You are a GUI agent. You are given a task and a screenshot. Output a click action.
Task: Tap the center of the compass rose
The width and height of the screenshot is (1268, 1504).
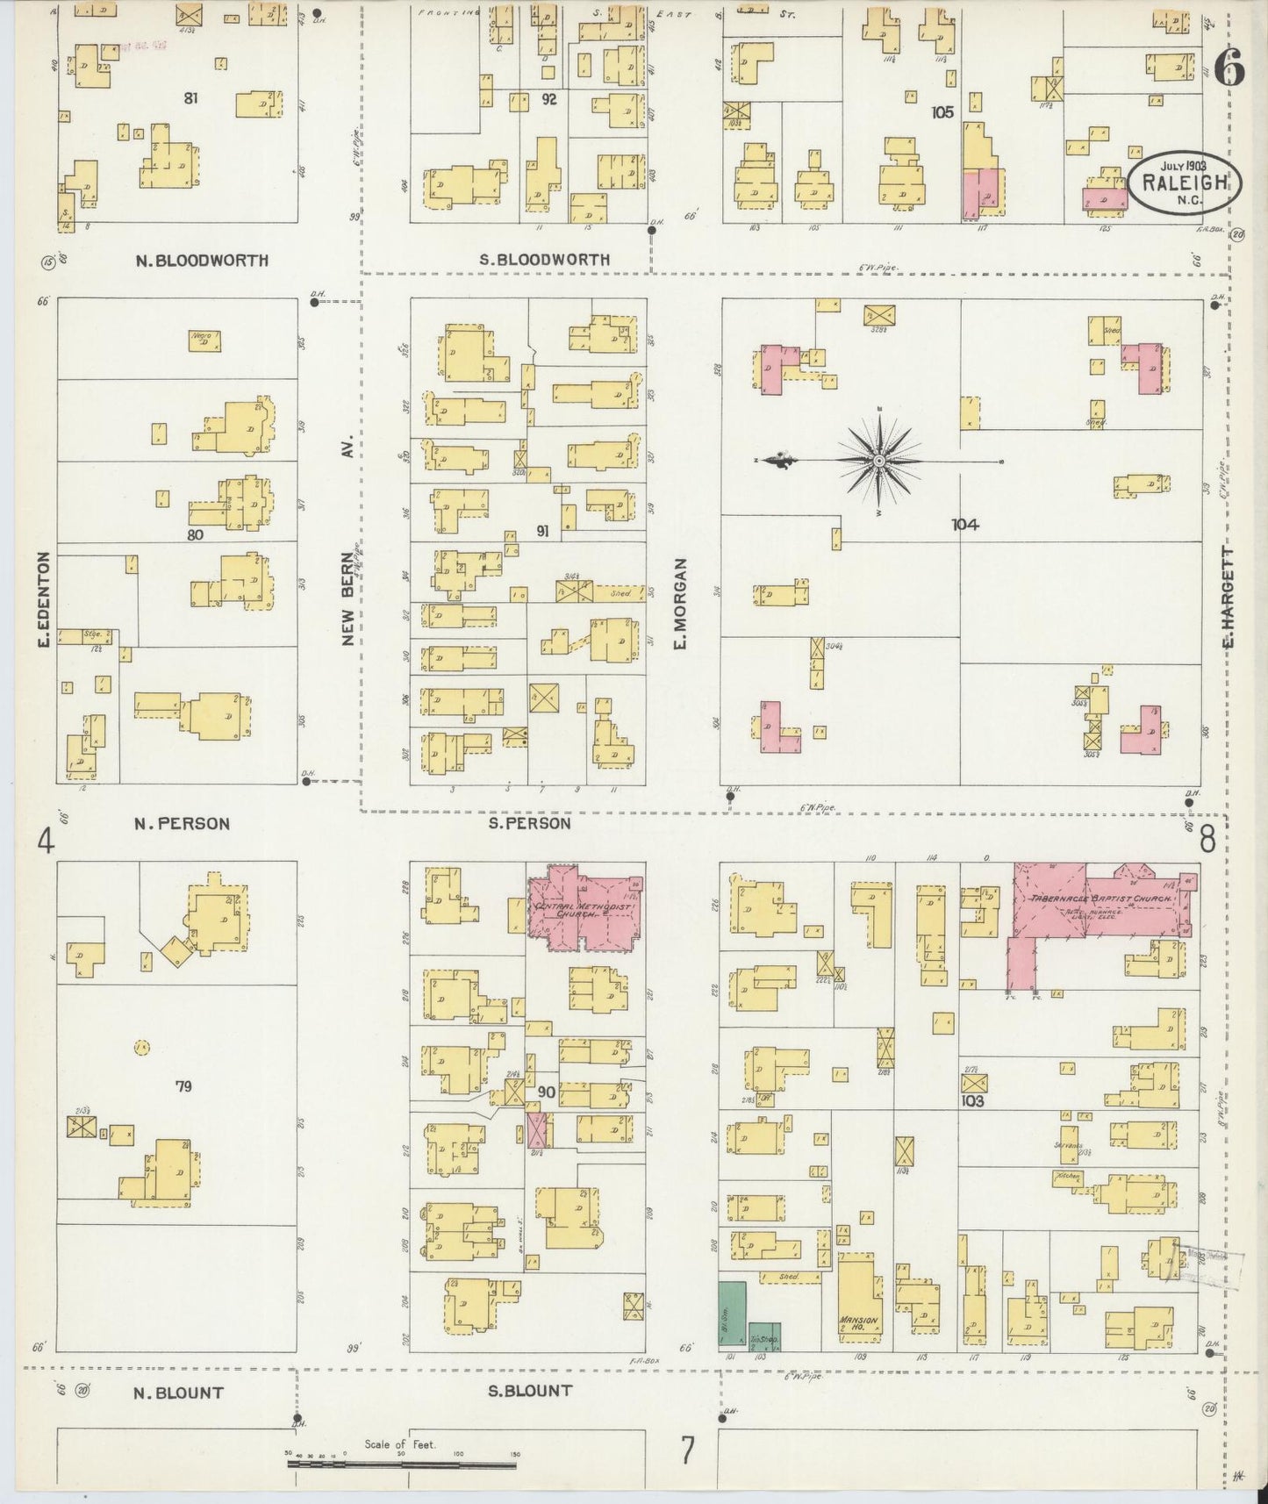pos(878,461)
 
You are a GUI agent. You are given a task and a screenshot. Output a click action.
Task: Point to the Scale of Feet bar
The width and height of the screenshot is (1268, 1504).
pos(402,1457)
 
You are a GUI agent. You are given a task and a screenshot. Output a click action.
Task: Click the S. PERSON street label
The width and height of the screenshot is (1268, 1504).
pos(529,824)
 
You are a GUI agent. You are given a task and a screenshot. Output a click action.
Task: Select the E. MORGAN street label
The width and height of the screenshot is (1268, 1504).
pos(680,605)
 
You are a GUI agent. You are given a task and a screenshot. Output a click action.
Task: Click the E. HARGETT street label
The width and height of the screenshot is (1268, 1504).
pos(1228,598)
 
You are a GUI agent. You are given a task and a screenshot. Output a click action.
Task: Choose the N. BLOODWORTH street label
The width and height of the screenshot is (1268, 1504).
pos(202,261)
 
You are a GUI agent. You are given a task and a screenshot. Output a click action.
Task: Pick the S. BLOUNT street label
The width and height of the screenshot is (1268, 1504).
pos(530,1391)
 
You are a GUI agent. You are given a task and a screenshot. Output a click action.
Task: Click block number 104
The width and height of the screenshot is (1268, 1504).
pos(965,525)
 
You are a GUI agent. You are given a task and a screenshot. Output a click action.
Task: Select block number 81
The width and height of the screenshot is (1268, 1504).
pos(190,98)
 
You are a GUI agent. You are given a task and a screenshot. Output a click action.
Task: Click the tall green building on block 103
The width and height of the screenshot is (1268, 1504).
pos(732,1315)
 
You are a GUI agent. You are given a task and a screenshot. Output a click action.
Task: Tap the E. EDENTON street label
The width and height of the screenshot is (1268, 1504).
pos(42,601)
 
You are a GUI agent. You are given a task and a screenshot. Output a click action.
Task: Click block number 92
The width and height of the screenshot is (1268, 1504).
pos(548,99)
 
